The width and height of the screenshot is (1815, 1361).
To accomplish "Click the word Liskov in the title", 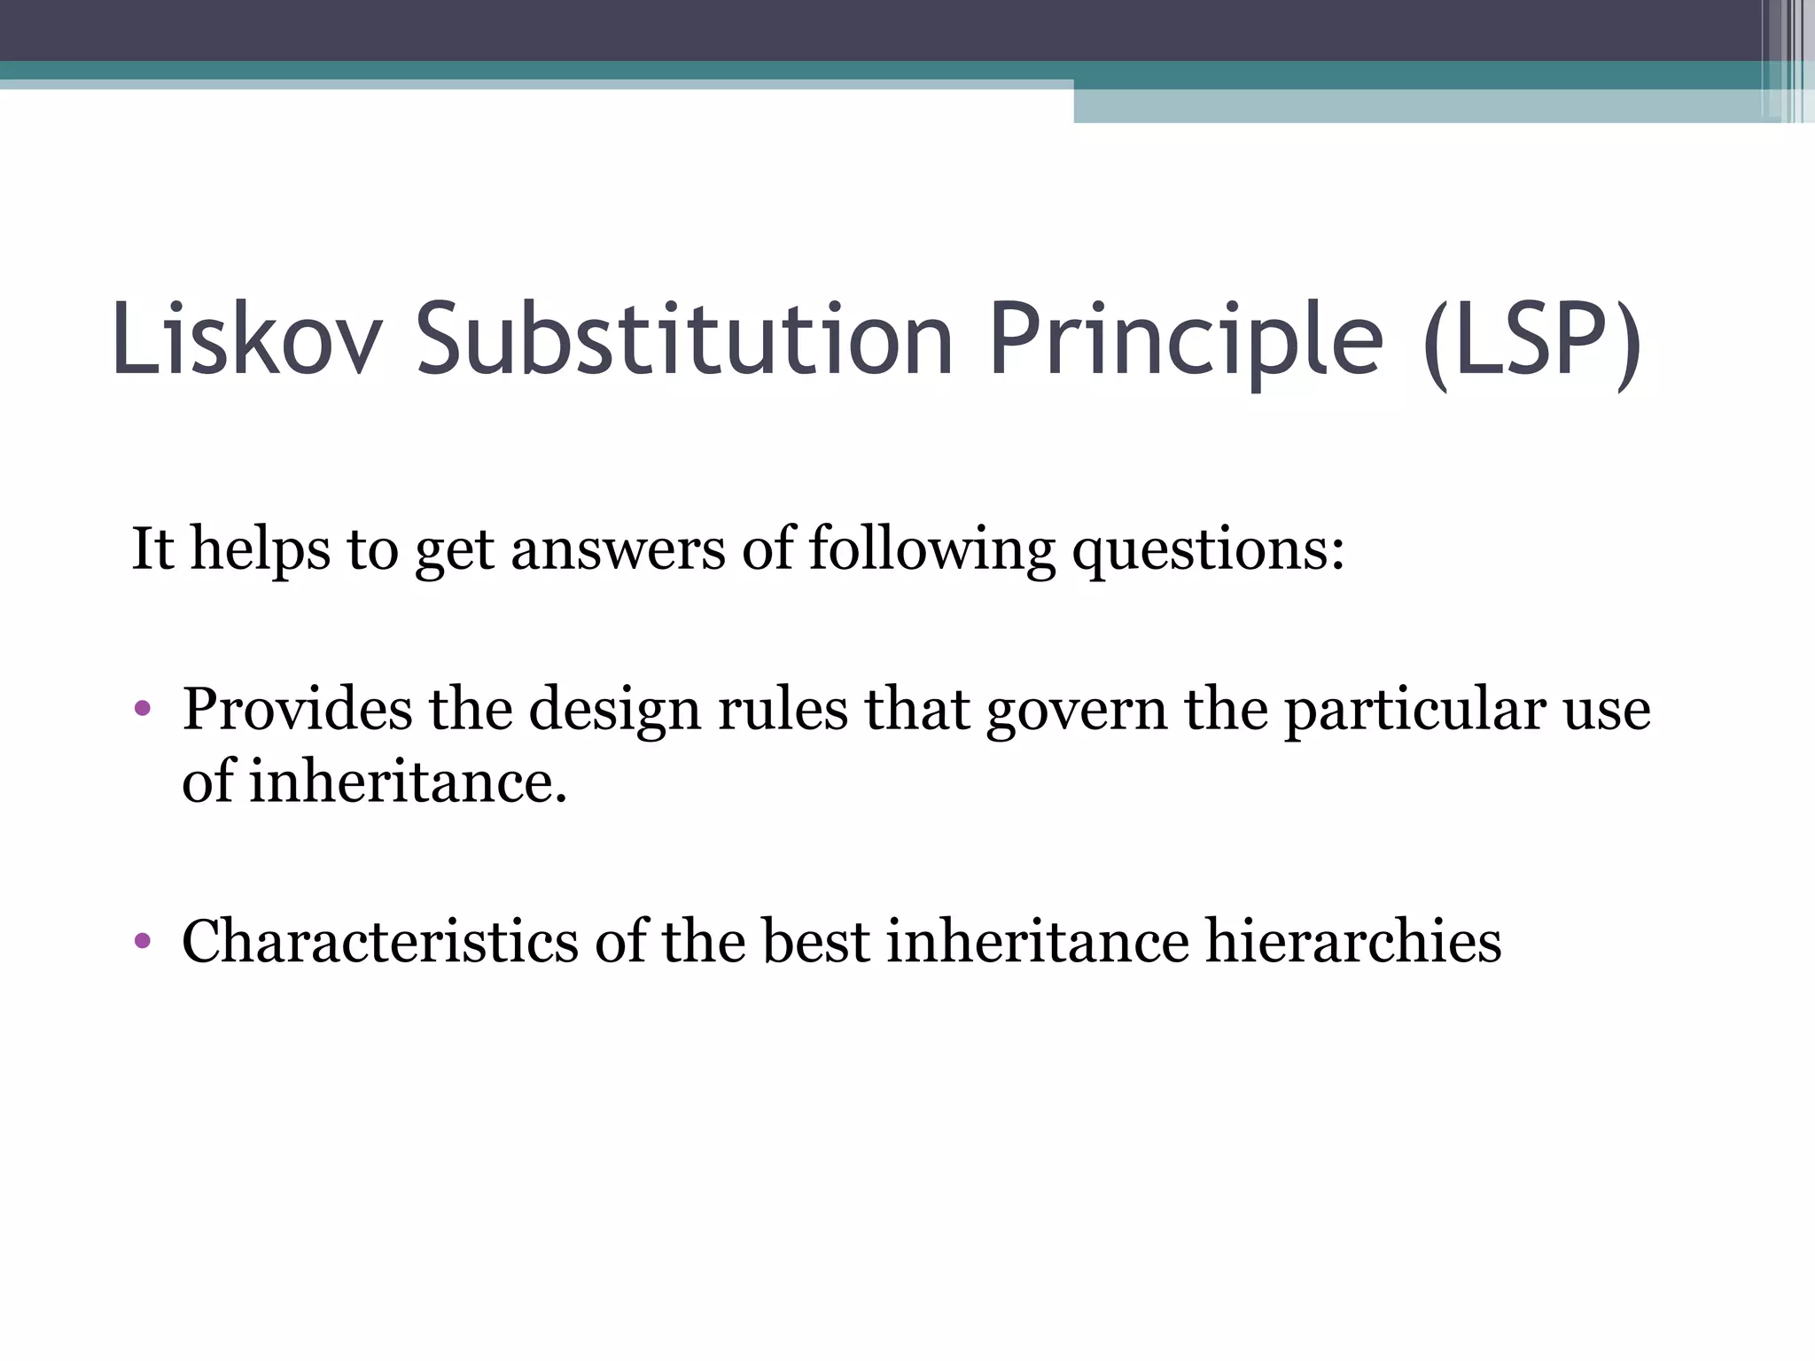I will [246, 339].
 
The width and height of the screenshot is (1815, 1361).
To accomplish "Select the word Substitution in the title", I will [684, 339].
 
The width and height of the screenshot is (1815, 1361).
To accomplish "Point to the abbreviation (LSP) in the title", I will [1532, 341].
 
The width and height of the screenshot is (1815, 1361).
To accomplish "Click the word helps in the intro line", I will [261, 549].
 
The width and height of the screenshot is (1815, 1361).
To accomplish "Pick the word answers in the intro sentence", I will [618, 549].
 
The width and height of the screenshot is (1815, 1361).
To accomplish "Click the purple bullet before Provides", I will [143, 709].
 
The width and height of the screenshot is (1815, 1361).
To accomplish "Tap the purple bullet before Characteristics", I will [143, 940].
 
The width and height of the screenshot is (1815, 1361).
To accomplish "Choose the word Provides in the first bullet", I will [297, 711].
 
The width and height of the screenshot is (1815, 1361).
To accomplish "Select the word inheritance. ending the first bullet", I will [407, 782].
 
